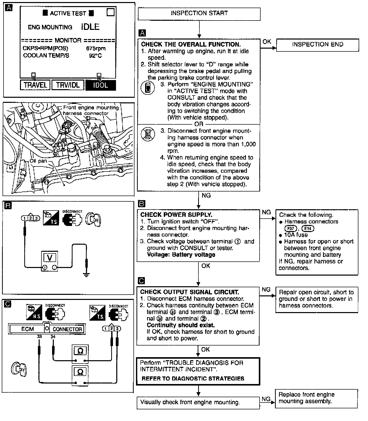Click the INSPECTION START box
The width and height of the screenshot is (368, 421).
click(199, 14)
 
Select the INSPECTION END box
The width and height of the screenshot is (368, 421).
click(317, 45)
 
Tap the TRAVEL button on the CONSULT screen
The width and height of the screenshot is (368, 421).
click(35, 85)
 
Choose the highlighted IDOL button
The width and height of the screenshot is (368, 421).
click(101, 85)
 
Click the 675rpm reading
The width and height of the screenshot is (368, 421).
click(96, 48)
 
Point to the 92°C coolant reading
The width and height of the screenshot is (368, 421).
click(96, 55)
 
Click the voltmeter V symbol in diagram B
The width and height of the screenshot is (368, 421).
click(50, 258)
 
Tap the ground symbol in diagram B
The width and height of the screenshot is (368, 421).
click(86, 275)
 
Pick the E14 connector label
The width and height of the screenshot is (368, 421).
click(308, 228)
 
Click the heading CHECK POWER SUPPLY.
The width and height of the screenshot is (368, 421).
click(176, 215)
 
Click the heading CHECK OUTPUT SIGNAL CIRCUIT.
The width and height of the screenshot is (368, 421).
click(189, 292)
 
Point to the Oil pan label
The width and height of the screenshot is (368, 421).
click(38, 161)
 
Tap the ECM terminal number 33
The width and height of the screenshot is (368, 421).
click(39, 337)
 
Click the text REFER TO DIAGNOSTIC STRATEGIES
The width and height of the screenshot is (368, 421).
click(193, 378)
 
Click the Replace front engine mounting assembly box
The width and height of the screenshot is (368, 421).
click(316, 398)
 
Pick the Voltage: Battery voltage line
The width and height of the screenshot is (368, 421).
click(181, 255)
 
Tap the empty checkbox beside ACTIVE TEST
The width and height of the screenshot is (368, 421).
click(110, 12)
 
